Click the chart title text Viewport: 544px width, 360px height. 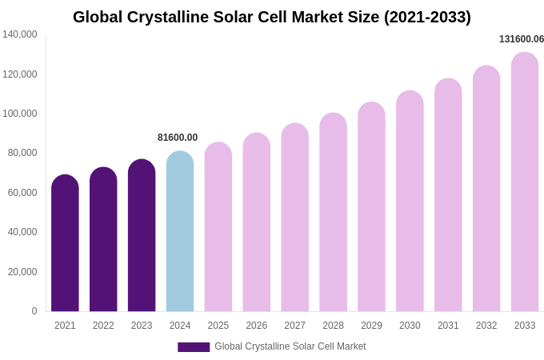point(272,17)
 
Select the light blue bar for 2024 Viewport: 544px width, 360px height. point(180,232)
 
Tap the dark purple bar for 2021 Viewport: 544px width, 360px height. point(65,244)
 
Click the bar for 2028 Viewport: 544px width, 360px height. point(333,213)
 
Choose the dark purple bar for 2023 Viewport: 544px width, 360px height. point(142,236)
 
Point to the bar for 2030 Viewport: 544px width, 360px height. point(410,202)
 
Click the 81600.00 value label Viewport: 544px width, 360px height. point(178,138)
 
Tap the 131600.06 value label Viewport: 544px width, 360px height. point(521,39)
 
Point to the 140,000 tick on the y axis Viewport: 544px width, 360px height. point(20,34)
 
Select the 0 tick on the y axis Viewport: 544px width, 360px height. point(34,311)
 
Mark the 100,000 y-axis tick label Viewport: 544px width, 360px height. point(20,114)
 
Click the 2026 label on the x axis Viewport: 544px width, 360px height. point(257,326)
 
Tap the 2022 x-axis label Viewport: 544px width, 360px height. point(103,326)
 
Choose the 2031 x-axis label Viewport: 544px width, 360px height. point(448,326)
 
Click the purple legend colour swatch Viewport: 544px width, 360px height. point(194,347)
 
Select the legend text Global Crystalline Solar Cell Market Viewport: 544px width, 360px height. point(290,346)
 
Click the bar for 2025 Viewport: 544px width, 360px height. point(218,227)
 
